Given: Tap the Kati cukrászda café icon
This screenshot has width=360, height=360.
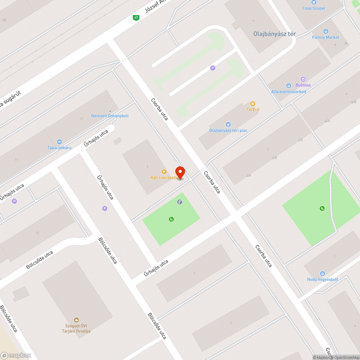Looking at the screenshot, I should click(x=164, y=172).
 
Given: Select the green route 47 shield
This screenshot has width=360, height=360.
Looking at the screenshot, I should click(x=136, y=17).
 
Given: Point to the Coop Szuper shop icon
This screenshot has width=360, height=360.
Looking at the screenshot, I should click(x=314, y=2).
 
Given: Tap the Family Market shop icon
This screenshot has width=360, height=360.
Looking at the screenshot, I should click(x=325, y=31).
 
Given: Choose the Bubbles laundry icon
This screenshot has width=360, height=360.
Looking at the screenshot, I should click(x=303, y=79).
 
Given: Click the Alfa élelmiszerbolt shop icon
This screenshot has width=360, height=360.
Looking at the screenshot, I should click(x=288, y=86).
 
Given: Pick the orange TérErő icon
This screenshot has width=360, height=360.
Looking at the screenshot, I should click(x=253, y=104).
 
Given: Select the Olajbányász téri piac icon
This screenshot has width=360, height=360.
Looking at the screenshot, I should click(x=228, y=125).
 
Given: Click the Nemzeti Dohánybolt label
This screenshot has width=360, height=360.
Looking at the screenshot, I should click(x=110, y=116).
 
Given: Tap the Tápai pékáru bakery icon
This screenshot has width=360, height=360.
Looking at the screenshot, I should click(x=59, y=142).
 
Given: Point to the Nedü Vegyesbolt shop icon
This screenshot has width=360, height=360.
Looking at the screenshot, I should click(x=322, y=274).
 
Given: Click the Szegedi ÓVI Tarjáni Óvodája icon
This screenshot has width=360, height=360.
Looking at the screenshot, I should click(x=76, y=319).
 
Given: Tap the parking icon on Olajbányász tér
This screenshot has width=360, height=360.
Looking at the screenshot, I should click(x=213, y=68).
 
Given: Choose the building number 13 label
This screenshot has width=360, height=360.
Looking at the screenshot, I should click(x=82, y=119).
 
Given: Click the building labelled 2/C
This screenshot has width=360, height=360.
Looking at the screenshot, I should click(x=300, y=140).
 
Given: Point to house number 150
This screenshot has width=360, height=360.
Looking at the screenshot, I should click(x=4, y=20).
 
